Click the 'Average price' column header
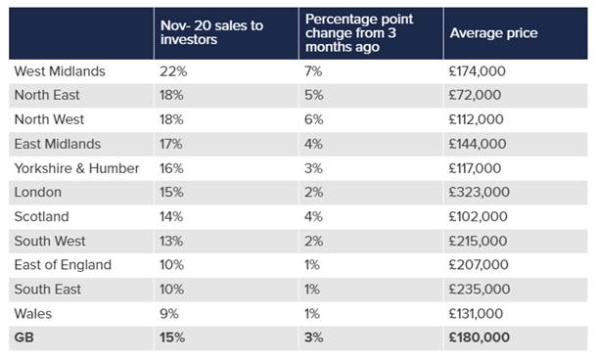493,33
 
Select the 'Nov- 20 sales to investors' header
211,32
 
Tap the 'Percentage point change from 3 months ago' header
359,33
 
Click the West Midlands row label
60,71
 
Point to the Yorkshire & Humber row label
76,168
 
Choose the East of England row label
63,264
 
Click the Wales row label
33,313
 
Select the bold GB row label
24,337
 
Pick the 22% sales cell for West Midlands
173,71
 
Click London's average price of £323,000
479,192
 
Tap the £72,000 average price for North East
475,95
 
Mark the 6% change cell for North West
314,119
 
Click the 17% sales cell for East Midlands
171,144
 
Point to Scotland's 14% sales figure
171,216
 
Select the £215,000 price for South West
478,241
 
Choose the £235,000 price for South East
480,289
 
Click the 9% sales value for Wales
169,313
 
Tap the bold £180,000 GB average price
480,337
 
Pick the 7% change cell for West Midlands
313,71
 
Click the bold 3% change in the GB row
314,337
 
